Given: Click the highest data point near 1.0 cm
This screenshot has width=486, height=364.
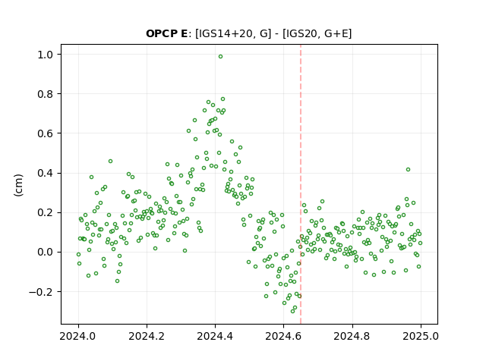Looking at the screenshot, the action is (220, 57).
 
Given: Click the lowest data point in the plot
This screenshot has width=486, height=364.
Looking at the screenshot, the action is (292, 311).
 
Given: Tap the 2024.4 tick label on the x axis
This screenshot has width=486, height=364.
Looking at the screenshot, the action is (215, 336).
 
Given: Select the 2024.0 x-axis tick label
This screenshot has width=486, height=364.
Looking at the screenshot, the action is (78, 336).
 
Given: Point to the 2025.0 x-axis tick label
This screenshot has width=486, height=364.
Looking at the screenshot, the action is (421, 336).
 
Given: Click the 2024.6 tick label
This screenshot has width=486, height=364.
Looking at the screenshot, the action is (283, 336).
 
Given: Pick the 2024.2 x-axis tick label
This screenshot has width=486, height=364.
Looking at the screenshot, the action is (147, 336).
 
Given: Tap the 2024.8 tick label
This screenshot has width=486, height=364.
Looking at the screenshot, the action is (352, 336).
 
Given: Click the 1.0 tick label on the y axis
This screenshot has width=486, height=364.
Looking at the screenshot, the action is (46, 55).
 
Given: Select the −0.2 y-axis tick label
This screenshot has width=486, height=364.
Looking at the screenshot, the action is (41, 292).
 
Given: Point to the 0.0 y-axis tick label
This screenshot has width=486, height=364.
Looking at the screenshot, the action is (46, 253).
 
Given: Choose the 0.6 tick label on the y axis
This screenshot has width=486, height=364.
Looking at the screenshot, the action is (46, 133).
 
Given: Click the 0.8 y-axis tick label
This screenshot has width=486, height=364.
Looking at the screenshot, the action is (46, 94).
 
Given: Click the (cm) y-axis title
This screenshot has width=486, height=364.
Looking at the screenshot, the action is (18, 185).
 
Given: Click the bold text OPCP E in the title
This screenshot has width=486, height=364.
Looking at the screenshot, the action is (166, 33).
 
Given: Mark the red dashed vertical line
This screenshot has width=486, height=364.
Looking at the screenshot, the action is (301, 184).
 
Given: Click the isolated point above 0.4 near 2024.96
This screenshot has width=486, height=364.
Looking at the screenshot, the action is (409, 170).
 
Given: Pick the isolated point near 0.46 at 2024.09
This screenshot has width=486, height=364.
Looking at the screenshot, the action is (110, 162).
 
